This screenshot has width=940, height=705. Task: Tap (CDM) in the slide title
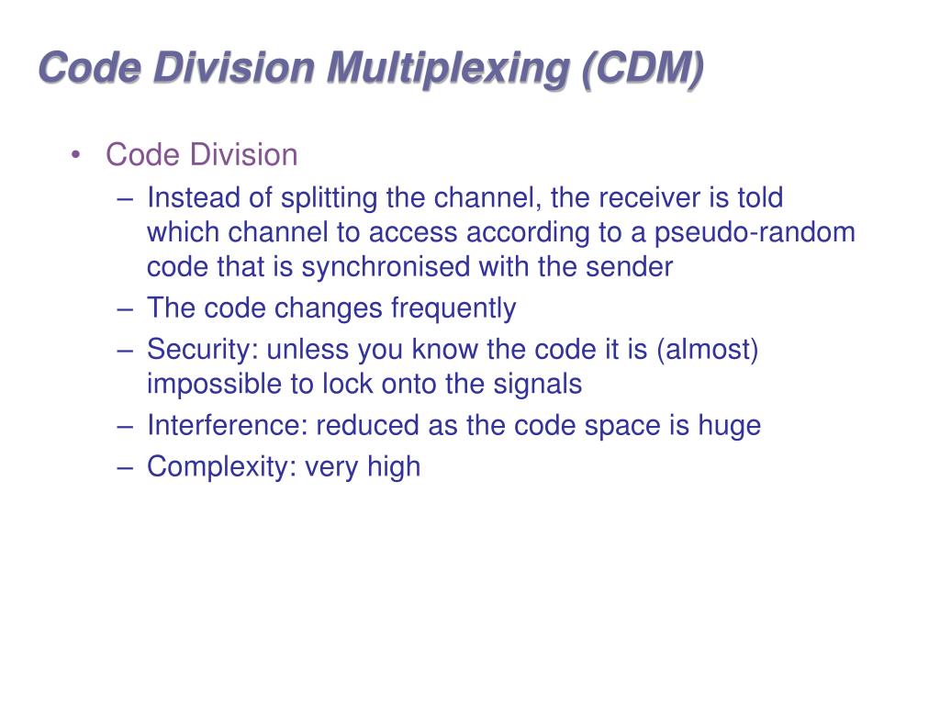tap(642, 71)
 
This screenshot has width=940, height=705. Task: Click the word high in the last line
tap(394, 467)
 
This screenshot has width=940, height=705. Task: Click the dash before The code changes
tap(127, 309)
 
